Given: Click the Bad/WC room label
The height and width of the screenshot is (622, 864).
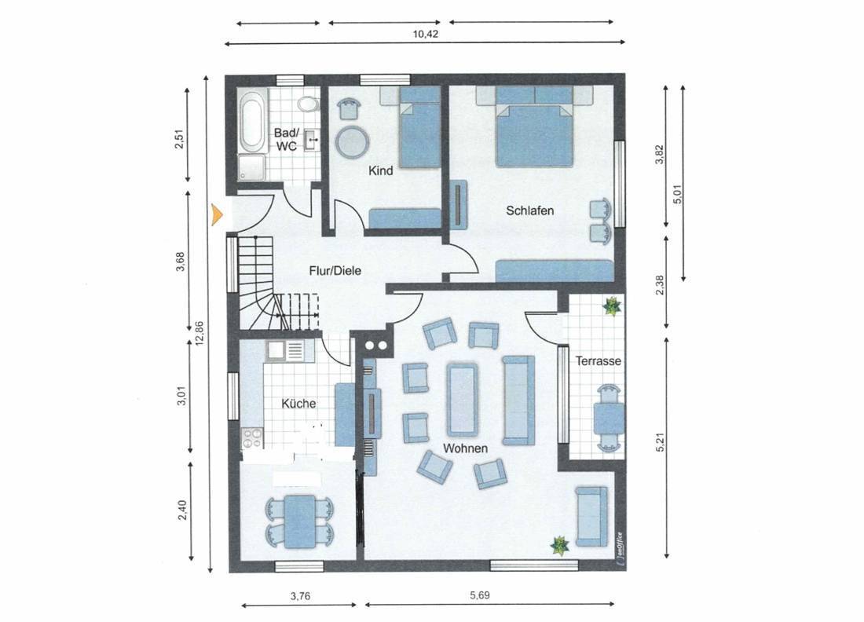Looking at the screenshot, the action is click(x=286, y=139).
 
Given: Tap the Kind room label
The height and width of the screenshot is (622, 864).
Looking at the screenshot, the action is click(x=381, y=170).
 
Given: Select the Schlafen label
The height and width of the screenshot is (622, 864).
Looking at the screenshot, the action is click(x=530, y=210).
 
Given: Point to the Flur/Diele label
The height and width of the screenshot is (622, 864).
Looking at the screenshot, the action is click(x=335, y=270).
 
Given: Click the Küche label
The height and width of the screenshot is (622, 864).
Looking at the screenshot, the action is click(x=298, y=404).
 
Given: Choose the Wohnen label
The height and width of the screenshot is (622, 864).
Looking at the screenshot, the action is click(x=465, y=448).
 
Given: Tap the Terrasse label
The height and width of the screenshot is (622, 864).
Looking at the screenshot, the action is click(x=599, y=360).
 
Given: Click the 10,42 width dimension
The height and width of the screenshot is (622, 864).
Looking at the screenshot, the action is click(x=426, y=34).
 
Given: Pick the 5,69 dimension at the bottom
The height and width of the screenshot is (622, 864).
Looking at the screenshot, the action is click(x=479, y=595).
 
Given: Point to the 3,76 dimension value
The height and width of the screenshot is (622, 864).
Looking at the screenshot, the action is click(x=300, y=595).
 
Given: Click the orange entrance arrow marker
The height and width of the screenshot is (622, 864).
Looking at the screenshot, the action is click(x=217, y=214).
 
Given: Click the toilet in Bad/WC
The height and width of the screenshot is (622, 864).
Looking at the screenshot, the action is click(x=307, y=104).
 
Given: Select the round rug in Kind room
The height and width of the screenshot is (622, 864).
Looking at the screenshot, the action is click(x=352, y=142).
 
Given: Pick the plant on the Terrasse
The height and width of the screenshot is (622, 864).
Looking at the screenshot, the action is click(x=611, y=306).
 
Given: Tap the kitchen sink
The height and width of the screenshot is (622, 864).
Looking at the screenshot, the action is click(x=275, y=349).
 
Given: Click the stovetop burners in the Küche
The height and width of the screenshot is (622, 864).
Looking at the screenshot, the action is click(x=252, y=438).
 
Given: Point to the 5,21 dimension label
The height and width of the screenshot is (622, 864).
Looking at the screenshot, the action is click(x=661, y=442).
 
